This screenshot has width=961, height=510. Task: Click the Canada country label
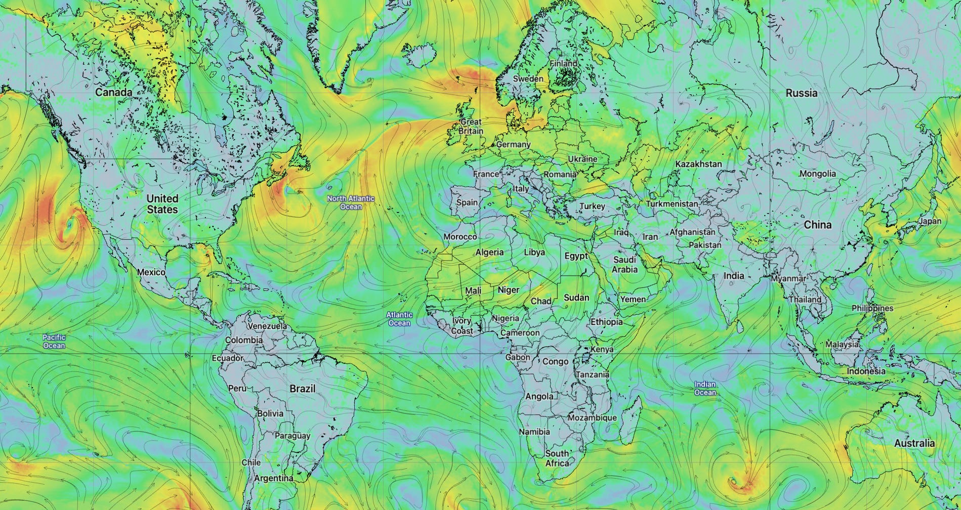pyautogui.click(x=114, y=93)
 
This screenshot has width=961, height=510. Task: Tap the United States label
pyautogui.click(x=162, y=204)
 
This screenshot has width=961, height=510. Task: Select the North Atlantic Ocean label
pyautogui.click(x=351, y=202)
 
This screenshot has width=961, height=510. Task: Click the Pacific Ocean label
pyautogui.click(x=54, y=342)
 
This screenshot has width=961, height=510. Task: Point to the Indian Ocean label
pyautogui.click(x=705, y=389)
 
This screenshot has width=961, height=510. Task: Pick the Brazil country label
pyautogui.click(x=302, y=389)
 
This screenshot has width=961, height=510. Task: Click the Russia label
pyautogui.click(x=801, y=93)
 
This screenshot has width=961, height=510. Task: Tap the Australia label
pyautogui.click(x=914, y=444)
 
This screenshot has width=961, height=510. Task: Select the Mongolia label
pyautogui.click(x=817, y=174)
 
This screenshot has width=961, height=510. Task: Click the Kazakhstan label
pyautogui.click(x=698, y=164)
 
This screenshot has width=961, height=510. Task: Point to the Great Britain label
pyautogui.click(x=471, y=126)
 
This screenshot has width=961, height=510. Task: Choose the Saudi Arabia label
pyautogui.click(x=624, y=265)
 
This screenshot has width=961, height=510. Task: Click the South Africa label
pyautogui.click(x=557, y=458)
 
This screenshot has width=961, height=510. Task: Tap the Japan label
pyautogui.click(x=930, y=221)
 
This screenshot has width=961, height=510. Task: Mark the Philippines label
pyautogui.click(x=872, y=308)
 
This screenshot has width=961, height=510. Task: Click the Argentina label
pyautogui.click(x=273, y=478)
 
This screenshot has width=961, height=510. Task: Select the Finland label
pyautogui.click(x=563, y=64)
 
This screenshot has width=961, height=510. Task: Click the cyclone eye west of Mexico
pyautogui.click(x=69, y=224)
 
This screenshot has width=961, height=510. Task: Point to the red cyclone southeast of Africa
pyautogui.click(x=734, y=482)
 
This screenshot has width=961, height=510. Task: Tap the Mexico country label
pyautogui.click(x=151, y=272)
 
